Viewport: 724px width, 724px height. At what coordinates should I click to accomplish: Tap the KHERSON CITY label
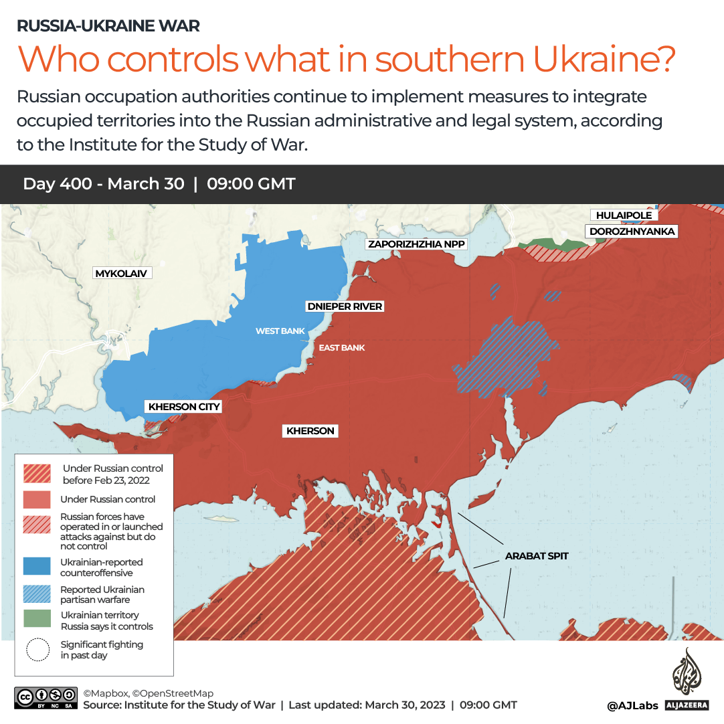[184, 406]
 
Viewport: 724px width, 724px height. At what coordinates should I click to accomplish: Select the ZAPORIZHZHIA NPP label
[416, 244]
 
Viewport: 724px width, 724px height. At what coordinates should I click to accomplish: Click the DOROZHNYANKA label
[632, 232]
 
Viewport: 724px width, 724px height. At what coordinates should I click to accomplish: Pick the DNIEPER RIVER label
[344, 306]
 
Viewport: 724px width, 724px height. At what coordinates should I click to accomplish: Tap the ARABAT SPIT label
[537, 556]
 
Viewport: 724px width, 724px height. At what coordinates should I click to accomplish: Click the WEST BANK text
[280, 331]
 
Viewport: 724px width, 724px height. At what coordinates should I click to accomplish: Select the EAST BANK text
[341, 348]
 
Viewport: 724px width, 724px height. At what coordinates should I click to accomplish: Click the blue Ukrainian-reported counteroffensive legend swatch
[37, 566]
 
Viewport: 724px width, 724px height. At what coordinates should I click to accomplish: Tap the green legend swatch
[37, 620]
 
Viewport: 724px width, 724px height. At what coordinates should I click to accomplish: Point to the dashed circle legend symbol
[37, 650]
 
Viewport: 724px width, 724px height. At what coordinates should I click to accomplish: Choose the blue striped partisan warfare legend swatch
[37, 594]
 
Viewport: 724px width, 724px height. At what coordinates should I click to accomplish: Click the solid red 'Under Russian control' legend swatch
[37, 500]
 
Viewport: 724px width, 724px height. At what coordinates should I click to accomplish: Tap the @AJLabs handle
[632, 705]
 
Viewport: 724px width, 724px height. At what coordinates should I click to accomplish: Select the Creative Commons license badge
[45, 698]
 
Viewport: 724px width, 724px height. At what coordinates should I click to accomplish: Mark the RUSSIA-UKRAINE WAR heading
[108, 26]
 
